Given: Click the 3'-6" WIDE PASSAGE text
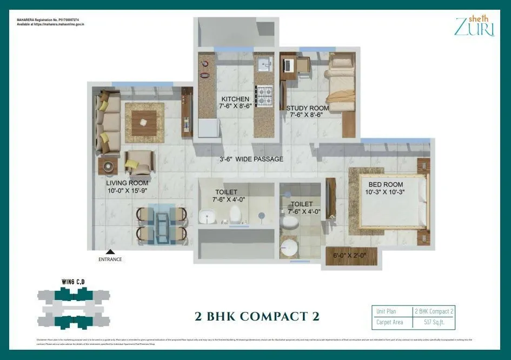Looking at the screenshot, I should pos(251,159).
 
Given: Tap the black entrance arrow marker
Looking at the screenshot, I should pos(110,251).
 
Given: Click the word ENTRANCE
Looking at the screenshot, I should pos(110,259).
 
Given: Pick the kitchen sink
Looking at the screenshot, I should pos(264,65).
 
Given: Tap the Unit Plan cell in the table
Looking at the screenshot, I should pos(387,311).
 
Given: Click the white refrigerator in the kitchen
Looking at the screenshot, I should pos(208,128).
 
